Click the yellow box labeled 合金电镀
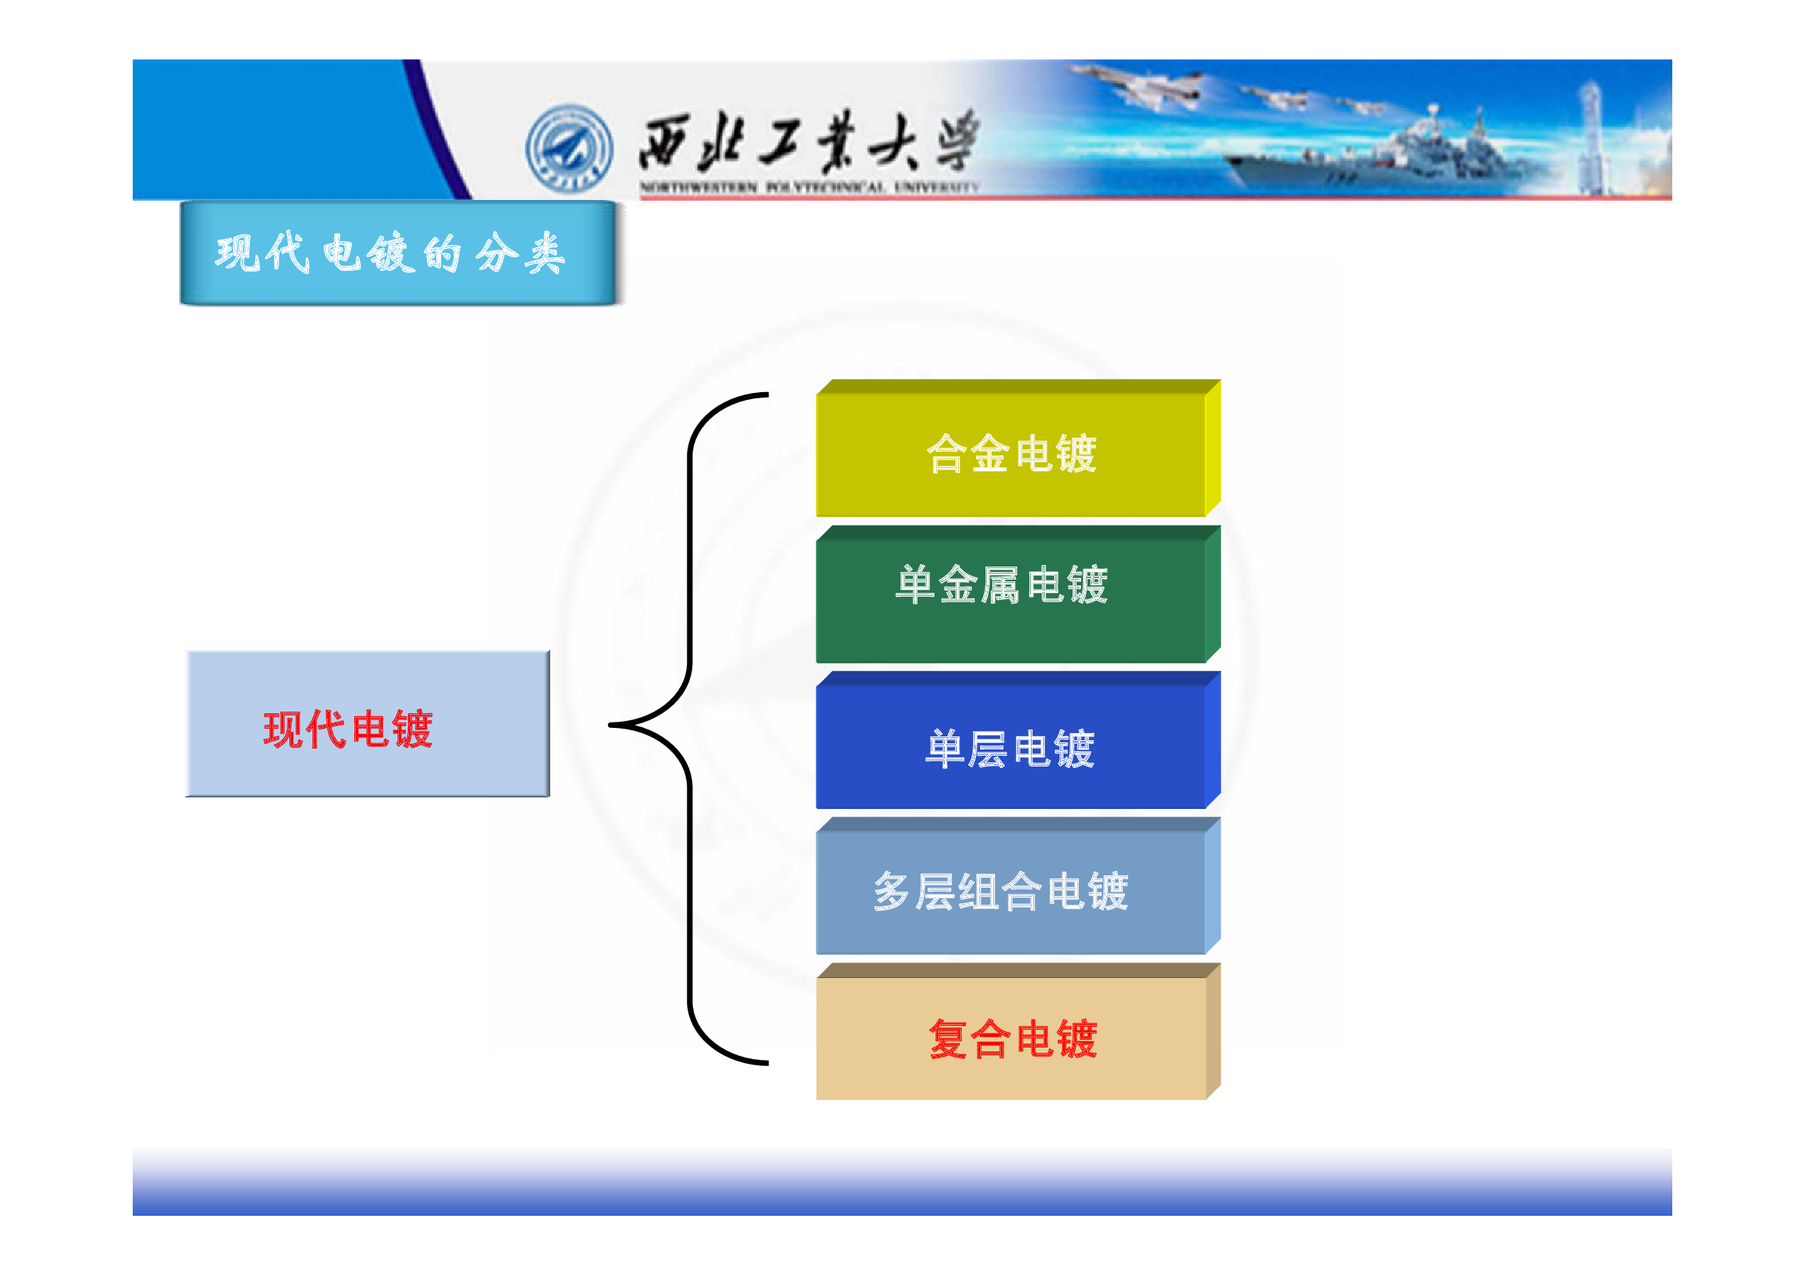(x=1018, y=448)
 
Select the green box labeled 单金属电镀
(x=1018, y=594)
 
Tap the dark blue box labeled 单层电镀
(x=1018, y=740)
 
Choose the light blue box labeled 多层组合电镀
(x=1018, y=886)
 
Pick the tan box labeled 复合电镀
(x=1018, y=1031)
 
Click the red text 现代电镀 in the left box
(x=348, y=729)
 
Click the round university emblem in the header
(x=570, y=148)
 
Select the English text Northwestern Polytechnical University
(x=809, y=187)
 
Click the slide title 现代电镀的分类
(x=390, y=253)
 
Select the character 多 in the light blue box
(x=892, y=892)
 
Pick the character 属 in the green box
(x=1001, y=585)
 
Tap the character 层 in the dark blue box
(x=988, y=749)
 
